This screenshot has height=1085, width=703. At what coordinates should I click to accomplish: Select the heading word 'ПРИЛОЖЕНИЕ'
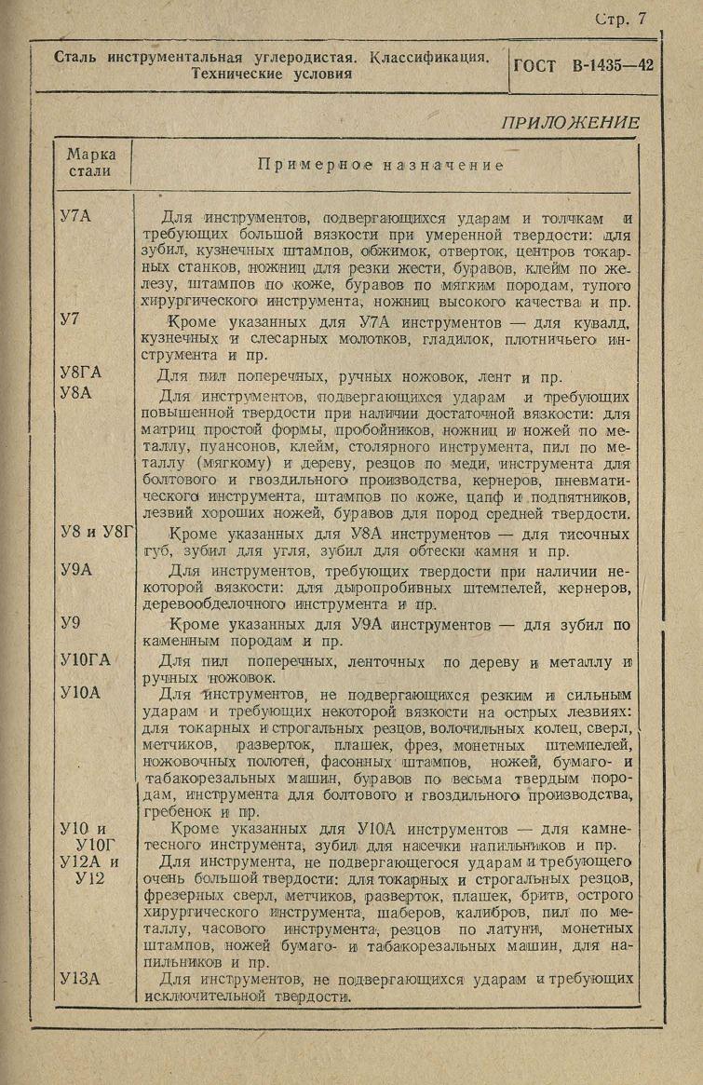pyautogui.click(x=570, y=123)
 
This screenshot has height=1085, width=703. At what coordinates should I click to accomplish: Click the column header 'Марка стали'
pyautogui.click(x=90, y=163)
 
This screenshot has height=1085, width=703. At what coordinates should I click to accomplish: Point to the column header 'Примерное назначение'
pyautogui.click(x=381, y=165)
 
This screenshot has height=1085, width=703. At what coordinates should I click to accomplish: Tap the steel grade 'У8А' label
pyautogui.click(x=76, y=394)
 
